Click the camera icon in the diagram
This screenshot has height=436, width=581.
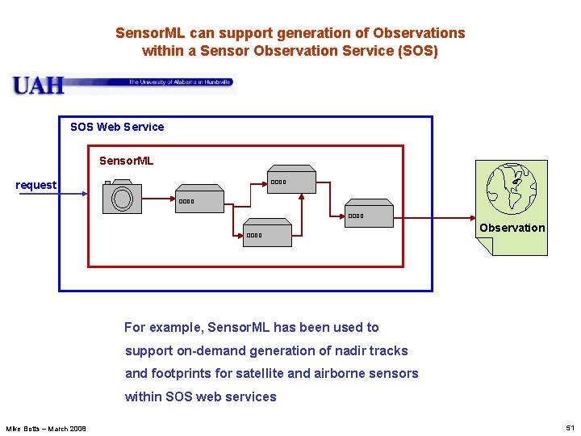point(122,198)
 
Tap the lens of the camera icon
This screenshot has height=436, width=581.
point(123,199)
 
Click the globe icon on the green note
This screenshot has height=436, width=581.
point(512,187)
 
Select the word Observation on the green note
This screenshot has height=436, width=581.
point(512,228)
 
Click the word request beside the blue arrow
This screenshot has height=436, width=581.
point(36,185)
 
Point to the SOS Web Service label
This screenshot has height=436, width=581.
point(117,127)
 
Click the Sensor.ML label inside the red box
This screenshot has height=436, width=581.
point(126,161)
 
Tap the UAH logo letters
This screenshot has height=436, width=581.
point(37,84)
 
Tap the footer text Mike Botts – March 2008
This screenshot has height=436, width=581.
point(46,428)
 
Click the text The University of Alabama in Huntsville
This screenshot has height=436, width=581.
point(180,82)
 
